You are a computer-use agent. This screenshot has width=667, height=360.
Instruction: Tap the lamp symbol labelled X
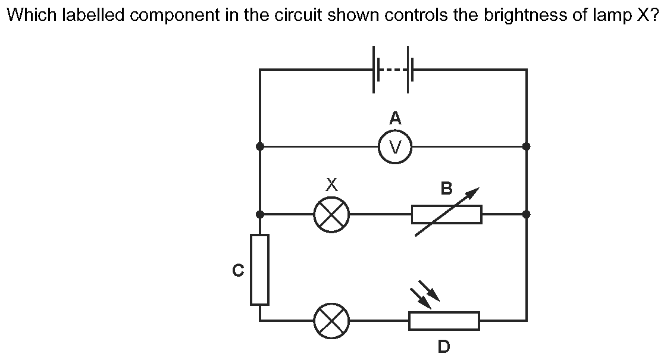[331, 214]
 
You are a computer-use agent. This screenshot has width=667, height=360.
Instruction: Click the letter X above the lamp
[332, 186]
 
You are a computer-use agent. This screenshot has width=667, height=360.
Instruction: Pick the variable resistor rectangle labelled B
[446, 214]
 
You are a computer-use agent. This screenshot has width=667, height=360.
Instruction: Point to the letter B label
[446, 189]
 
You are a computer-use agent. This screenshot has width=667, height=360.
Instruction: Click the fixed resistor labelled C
[259, 269]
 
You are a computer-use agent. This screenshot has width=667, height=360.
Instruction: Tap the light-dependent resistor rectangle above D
[444, 321]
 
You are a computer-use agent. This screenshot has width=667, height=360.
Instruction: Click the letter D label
[444, 346]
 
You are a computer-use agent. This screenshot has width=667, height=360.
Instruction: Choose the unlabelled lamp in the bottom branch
[331, 321]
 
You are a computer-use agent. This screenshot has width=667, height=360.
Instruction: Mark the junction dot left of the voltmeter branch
[260, 146]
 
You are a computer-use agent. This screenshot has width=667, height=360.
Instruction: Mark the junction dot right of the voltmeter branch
[526, 146]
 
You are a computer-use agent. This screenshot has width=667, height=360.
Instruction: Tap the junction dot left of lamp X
[260, 214]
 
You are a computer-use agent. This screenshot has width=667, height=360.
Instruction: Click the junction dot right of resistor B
[526, 214]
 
